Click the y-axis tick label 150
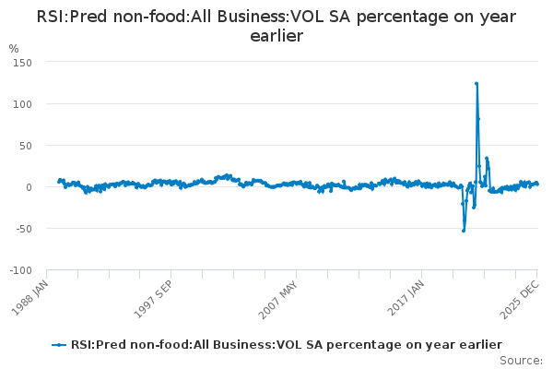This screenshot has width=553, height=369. (21, 63)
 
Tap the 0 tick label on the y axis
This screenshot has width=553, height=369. (29, 187)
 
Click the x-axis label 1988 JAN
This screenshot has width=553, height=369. (30, 298)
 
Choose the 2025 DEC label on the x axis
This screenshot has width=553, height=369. (523, 298)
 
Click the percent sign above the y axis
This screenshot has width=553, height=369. (13, 48)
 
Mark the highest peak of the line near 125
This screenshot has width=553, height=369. (477, 84)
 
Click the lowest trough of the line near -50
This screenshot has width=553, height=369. (464, 230)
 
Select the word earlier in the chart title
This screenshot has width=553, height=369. (276, 36)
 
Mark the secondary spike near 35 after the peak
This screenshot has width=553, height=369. (487, 159)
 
